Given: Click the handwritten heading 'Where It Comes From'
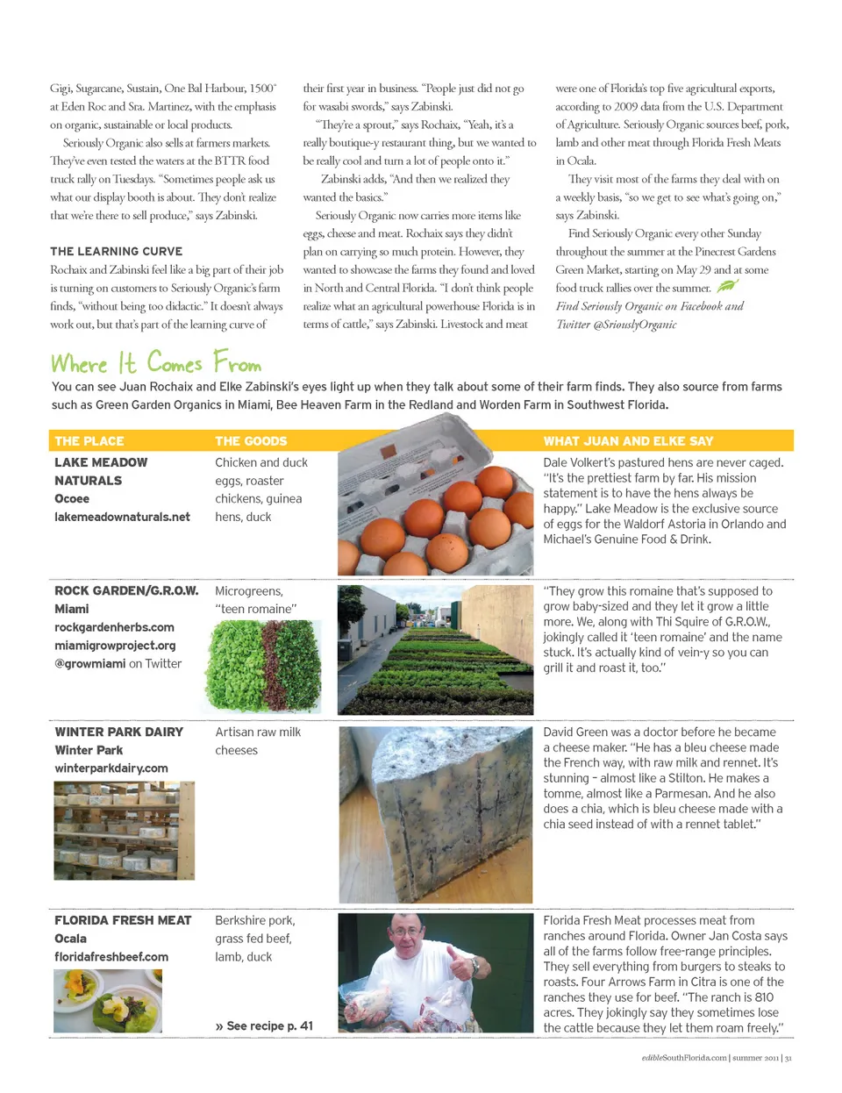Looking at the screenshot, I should pyautogui.click(x=156, y=363).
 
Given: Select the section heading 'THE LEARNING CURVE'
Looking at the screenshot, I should pyautogui.click(x=117, y=252).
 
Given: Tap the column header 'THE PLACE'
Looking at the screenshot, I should pyautogui.click(x=89, y=441).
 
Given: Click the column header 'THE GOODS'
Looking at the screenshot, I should pyautogui.click(x=251, y=441).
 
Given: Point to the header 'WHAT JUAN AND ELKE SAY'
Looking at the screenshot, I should pyautogui.click(x=628, y=441).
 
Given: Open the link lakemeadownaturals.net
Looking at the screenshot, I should pyautogui.click(x=122, y=518).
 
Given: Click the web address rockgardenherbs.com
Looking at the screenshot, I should pyautogui.click(x=114, y=628).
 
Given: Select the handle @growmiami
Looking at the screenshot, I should pyautogui.click(x=89, y=664).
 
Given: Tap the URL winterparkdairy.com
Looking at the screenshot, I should pyautogui.click(x=111, y=768).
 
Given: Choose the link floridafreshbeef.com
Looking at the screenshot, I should pyautogui.click(x=111, y=957).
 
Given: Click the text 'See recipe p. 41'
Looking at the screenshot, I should pyautogui.click(x=268, y=1025).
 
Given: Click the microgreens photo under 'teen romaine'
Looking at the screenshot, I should pyautogui.click(x=262, y=667).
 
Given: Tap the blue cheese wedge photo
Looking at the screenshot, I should pyautogui.click(x=435, y=814).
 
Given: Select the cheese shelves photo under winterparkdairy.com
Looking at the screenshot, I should pyautogui.click(x=124, y=830).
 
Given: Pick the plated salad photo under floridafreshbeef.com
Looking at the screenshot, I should pyautogui.click(x=108, y=1002).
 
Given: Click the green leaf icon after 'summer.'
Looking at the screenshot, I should pyautogui.click(x=727, y=286).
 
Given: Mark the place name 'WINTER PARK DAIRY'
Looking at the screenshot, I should pyautogui.click(x=119, y=732).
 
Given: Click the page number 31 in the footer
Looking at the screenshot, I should pyautogui.click(x=788, y=1058).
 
